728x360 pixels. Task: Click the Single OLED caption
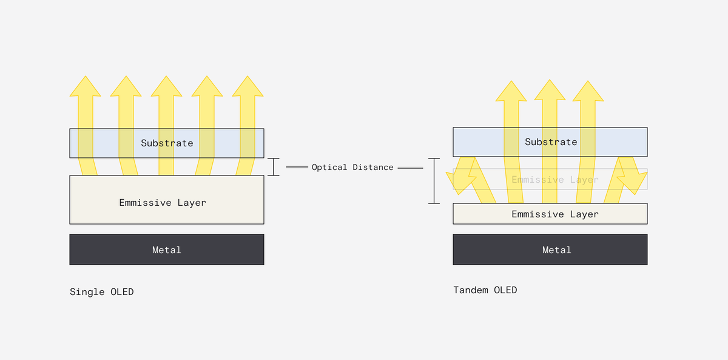pyautogui.click(x=101, y=292)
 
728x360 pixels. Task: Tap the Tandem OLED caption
pyautogui.click(x=485, y=290)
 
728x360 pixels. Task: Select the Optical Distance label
pyautogui.click(x=352, y=167)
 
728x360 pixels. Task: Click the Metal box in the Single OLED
pyautogui.click(x=167, y=250)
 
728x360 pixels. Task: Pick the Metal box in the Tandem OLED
pyautogui.click(x=550, y=250)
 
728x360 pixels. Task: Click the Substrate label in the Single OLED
pyautogui.click(x=167, y=143)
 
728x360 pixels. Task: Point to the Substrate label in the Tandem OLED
pyautogui.click(x=551, y=142)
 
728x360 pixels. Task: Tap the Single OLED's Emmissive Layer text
pyautogui.click(x=163, y=203)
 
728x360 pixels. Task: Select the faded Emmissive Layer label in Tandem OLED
pyautogui.click(x=555, y=180)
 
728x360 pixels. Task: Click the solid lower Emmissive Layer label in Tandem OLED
pyautogui.click(x=555, y=214)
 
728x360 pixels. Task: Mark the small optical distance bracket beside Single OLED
pyautogui.click(x=274, y=167)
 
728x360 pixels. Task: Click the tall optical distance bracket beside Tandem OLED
pyautogui.click(x=434, y=181)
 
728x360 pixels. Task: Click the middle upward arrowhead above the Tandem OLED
pyautogui.click(x=550, y=91)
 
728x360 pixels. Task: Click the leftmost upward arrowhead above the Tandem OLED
pyautogui.click(x=511, y=91)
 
